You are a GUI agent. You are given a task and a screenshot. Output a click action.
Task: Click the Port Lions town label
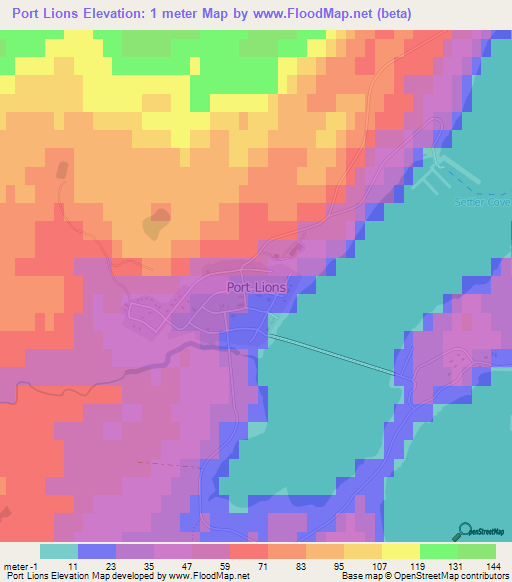[257, 286]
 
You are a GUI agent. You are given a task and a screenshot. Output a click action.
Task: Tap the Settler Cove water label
[489, 203]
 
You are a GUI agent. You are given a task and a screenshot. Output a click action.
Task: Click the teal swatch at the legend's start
[59, 551]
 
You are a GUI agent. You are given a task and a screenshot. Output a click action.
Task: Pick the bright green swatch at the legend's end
[477, 551]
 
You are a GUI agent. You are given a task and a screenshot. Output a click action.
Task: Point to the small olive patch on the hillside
[156, 224]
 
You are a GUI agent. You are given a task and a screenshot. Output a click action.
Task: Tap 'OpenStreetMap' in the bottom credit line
[440, 576]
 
